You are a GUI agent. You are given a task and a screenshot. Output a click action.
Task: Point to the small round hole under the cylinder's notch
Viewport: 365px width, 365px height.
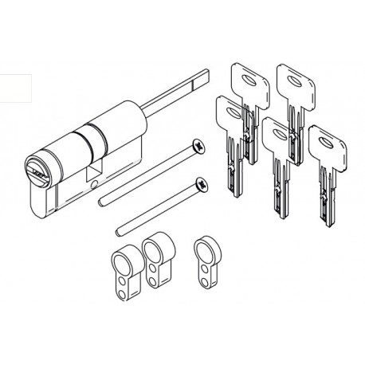(x=94, y=185)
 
